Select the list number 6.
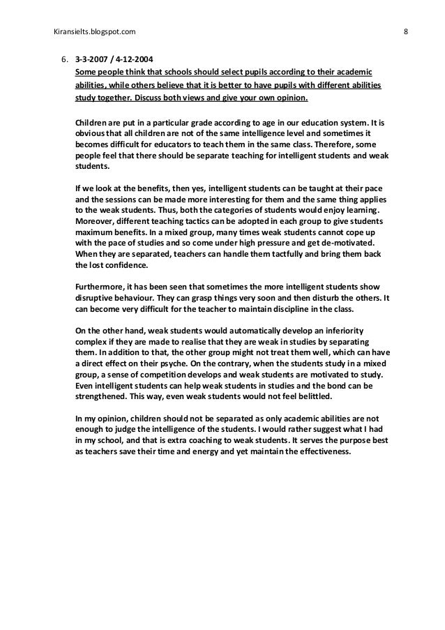coord(61,61)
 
